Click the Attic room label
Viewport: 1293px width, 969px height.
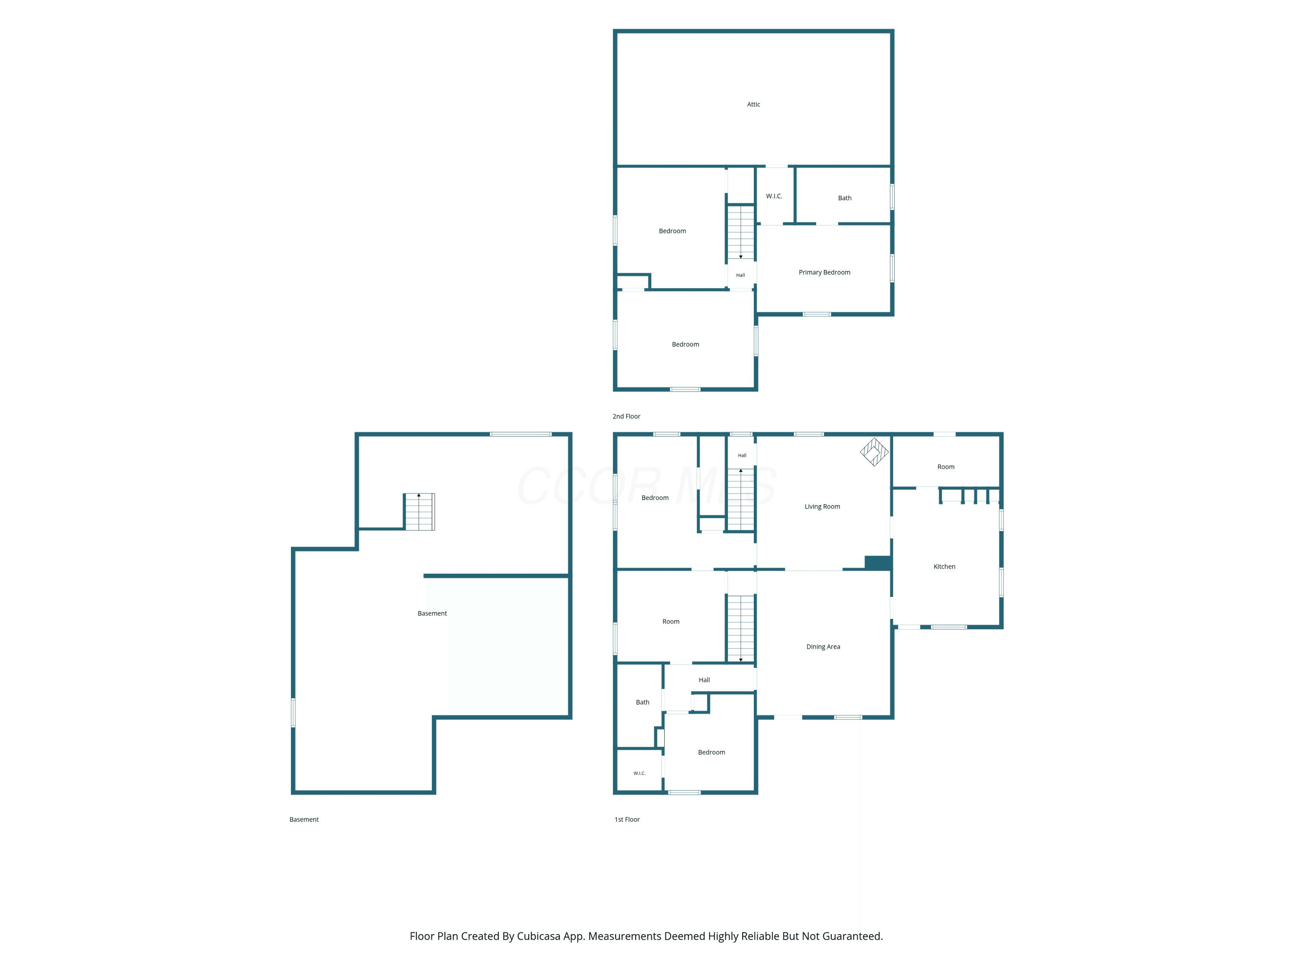(x=753, y=105)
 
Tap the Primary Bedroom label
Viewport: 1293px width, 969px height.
(x=824, y=272)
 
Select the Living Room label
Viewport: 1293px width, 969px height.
(x=822, y=506)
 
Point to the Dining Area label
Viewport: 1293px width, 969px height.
(x=823, y=646)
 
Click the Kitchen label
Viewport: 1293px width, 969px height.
(x=944, y=567)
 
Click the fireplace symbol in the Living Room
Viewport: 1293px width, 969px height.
(x=874, y=452)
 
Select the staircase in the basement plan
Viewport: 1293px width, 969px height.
(x=419, y=512)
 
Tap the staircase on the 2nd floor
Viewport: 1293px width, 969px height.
(x=740, y=232)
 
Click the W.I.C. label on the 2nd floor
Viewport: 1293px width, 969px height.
(x=774, y=196)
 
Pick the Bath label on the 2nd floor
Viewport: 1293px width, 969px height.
(x=845, y=198)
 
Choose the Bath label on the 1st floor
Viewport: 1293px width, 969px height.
(x=643, y=702)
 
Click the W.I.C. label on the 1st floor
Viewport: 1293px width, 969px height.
(x=640, y=773)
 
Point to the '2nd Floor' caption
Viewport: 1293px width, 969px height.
(x=626, y=416)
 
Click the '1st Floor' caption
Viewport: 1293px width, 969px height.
(x=627, y=820)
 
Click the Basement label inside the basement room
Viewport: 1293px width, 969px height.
(x=432, y=613)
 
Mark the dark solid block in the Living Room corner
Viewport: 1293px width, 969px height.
(x=878, y=562)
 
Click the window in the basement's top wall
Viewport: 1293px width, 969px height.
(x=520, y=434)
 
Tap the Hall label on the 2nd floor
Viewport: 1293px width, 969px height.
(x=740, y=275)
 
